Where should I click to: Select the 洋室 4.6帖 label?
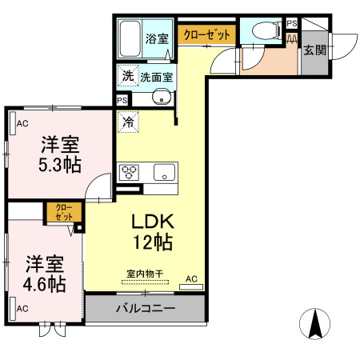click(44, 273)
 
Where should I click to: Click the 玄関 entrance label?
click(314, 50)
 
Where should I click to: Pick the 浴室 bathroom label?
click(156, 38)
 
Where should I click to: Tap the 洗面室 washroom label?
click(158, 78)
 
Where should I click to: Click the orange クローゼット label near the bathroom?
click(207, 35)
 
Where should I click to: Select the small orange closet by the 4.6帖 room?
click(62, 212)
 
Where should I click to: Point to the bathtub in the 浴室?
click(131, 36)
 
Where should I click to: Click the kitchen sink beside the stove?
click(165, 171)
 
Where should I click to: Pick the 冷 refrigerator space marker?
click(128, 122)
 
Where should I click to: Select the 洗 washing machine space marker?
click(127, 77)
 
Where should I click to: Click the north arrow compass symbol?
click(314, 322)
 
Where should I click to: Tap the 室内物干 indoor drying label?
click(145, 274)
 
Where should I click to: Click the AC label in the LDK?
click(191, 278)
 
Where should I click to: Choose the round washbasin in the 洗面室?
click(162, 98)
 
